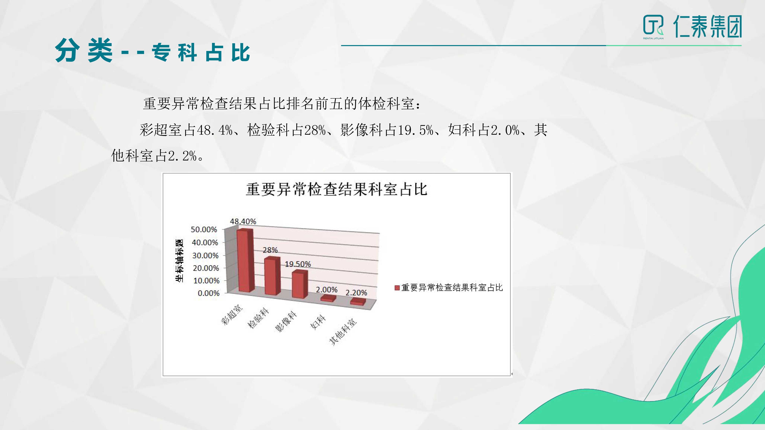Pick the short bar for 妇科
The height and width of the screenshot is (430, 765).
click(x=328, y=299)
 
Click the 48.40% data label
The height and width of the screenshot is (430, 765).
click(x=243, y=221)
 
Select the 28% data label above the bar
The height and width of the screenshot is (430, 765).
click(x=270, y=250)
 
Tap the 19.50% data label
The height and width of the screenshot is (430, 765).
click(x=298, y=264)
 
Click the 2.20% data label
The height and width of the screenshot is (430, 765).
click(x=356, y=293)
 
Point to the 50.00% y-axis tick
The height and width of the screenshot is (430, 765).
click(x=204, y=229)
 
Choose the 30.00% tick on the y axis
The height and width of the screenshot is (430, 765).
click(x=205, y=255)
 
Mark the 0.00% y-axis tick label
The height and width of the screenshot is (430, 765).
click(x=209, y=293)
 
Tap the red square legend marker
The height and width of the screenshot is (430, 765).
click(x=397, y=288)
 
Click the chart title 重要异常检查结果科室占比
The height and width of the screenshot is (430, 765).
click(x=336, y=189)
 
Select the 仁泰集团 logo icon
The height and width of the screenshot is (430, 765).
click(x=653, y=26)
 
